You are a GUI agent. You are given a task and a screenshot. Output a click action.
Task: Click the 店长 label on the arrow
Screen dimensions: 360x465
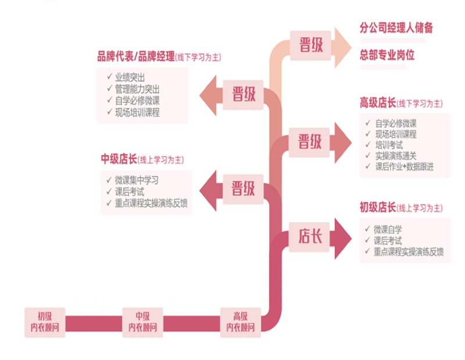[310, 236]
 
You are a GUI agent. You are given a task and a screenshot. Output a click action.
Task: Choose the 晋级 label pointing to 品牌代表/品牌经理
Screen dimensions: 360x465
[244, 93]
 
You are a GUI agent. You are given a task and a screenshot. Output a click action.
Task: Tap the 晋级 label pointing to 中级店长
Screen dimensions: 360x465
[244, 188]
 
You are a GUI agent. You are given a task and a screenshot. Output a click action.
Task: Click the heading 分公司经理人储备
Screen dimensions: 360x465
[396, 28]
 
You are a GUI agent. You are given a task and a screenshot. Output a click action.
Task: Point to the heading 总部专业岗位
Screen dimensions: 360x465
[388, 55]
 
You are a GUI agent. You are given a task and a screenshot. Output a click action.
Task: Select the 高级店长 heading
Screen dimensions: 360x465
[378, 103]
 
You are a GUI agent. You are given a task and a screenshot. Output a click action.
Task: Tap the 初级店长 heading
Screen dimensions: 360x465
[378, 207]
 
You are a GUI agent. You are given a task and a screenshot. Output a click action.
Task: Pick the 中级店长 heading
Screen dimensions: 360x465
[119, 159]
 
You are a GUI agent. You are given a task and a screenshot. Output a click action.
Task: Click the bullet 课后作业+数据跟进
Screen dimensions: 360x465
[405, 167]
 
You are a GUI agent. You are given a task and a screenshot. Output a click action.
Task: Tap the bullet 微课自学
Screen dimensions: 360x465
[388, 229]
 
